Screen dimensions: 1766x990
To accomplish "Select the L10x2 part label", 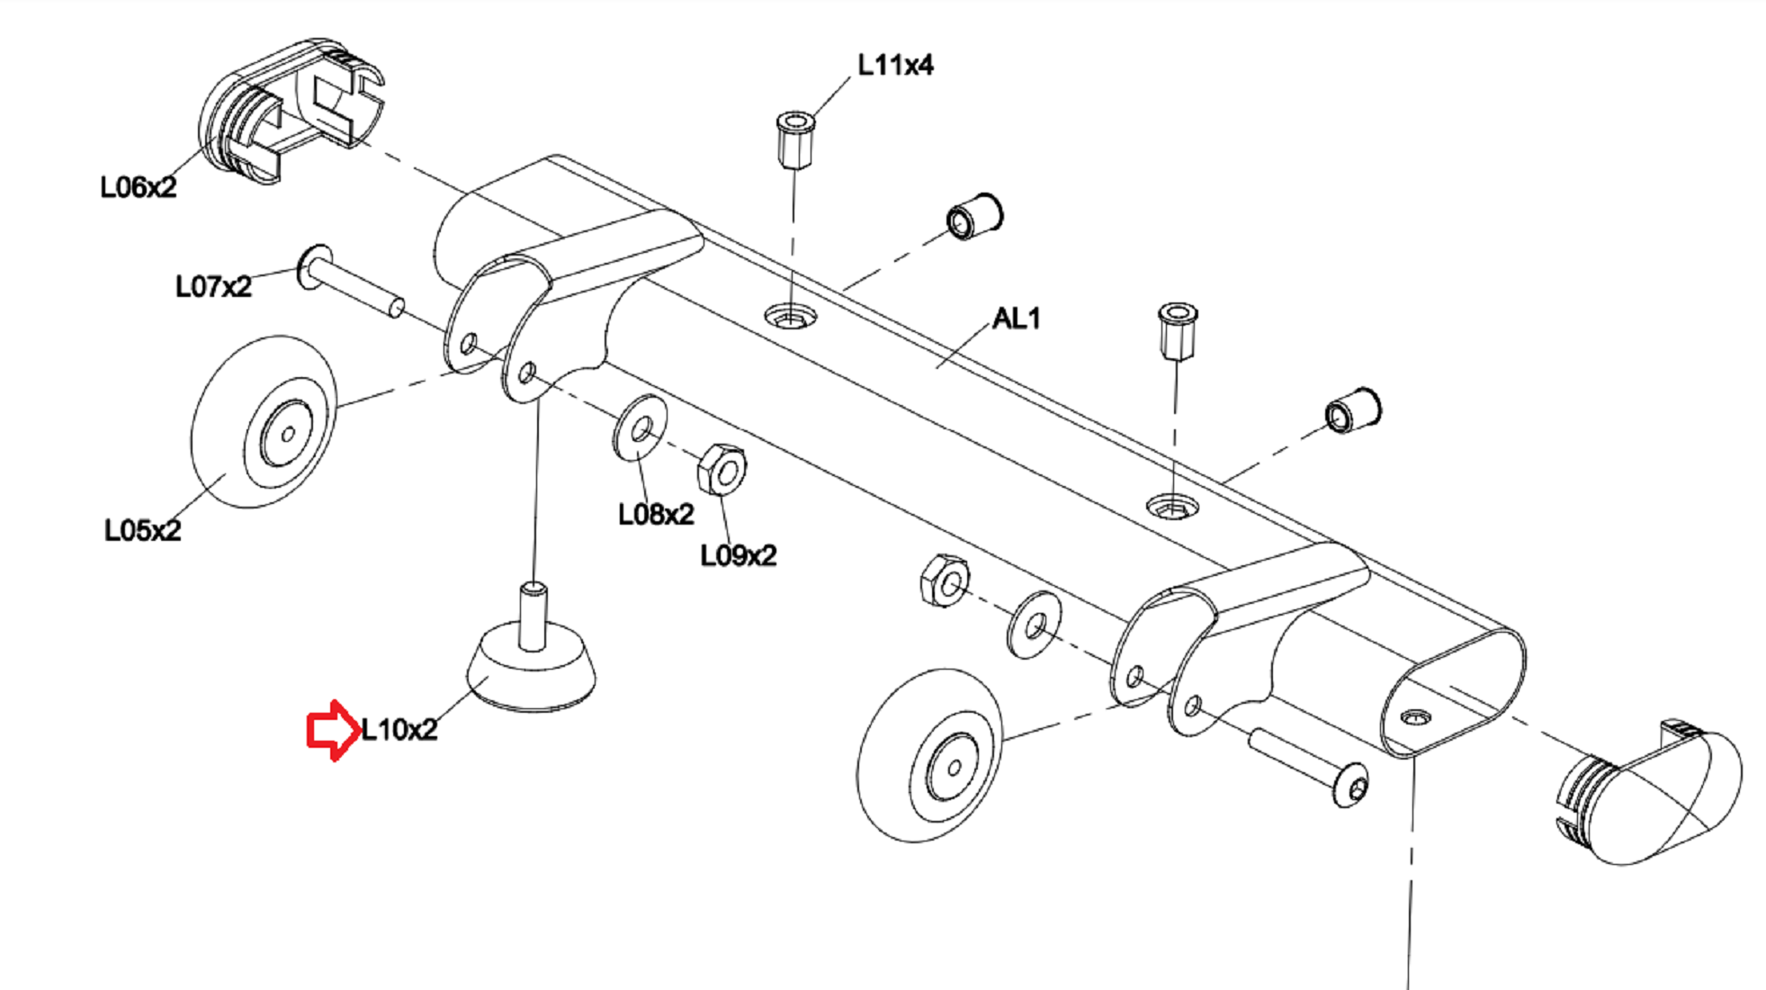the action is click(399, 730).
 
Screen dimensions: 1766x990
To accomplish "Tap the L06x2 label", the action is click(139, 187).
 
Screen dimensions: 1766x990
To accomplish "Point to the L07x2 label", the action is click(213, 286).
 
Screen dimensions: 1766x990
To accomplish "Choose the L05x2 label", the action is click(142, 530).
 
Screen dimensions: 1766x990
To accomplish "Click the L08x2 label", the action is click(656, 514).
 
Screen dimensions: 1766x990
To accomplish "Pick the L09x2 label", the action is click(739, 555).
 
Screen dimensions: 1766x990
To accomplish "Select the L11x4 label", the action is click(895, 65).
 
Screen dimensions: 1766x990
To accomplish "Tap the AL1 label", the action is click(1016, 318).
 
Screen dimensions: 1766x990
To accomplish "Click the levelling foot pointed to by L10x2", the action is click(532, 657).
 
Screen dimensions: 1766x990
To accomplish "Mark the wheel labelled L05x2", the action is click(264, 422).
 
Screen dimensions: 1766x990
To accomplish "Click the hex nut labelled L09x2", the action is click(722, 469).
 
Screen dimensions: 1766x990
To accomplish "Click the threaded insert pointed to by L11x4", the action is click(795, 139).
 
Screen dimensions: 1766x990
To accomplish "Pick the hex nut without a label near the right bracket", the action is click(945, 580).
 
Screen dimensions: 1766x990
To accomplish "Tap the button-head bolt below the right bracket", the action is click(1309, 768).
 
